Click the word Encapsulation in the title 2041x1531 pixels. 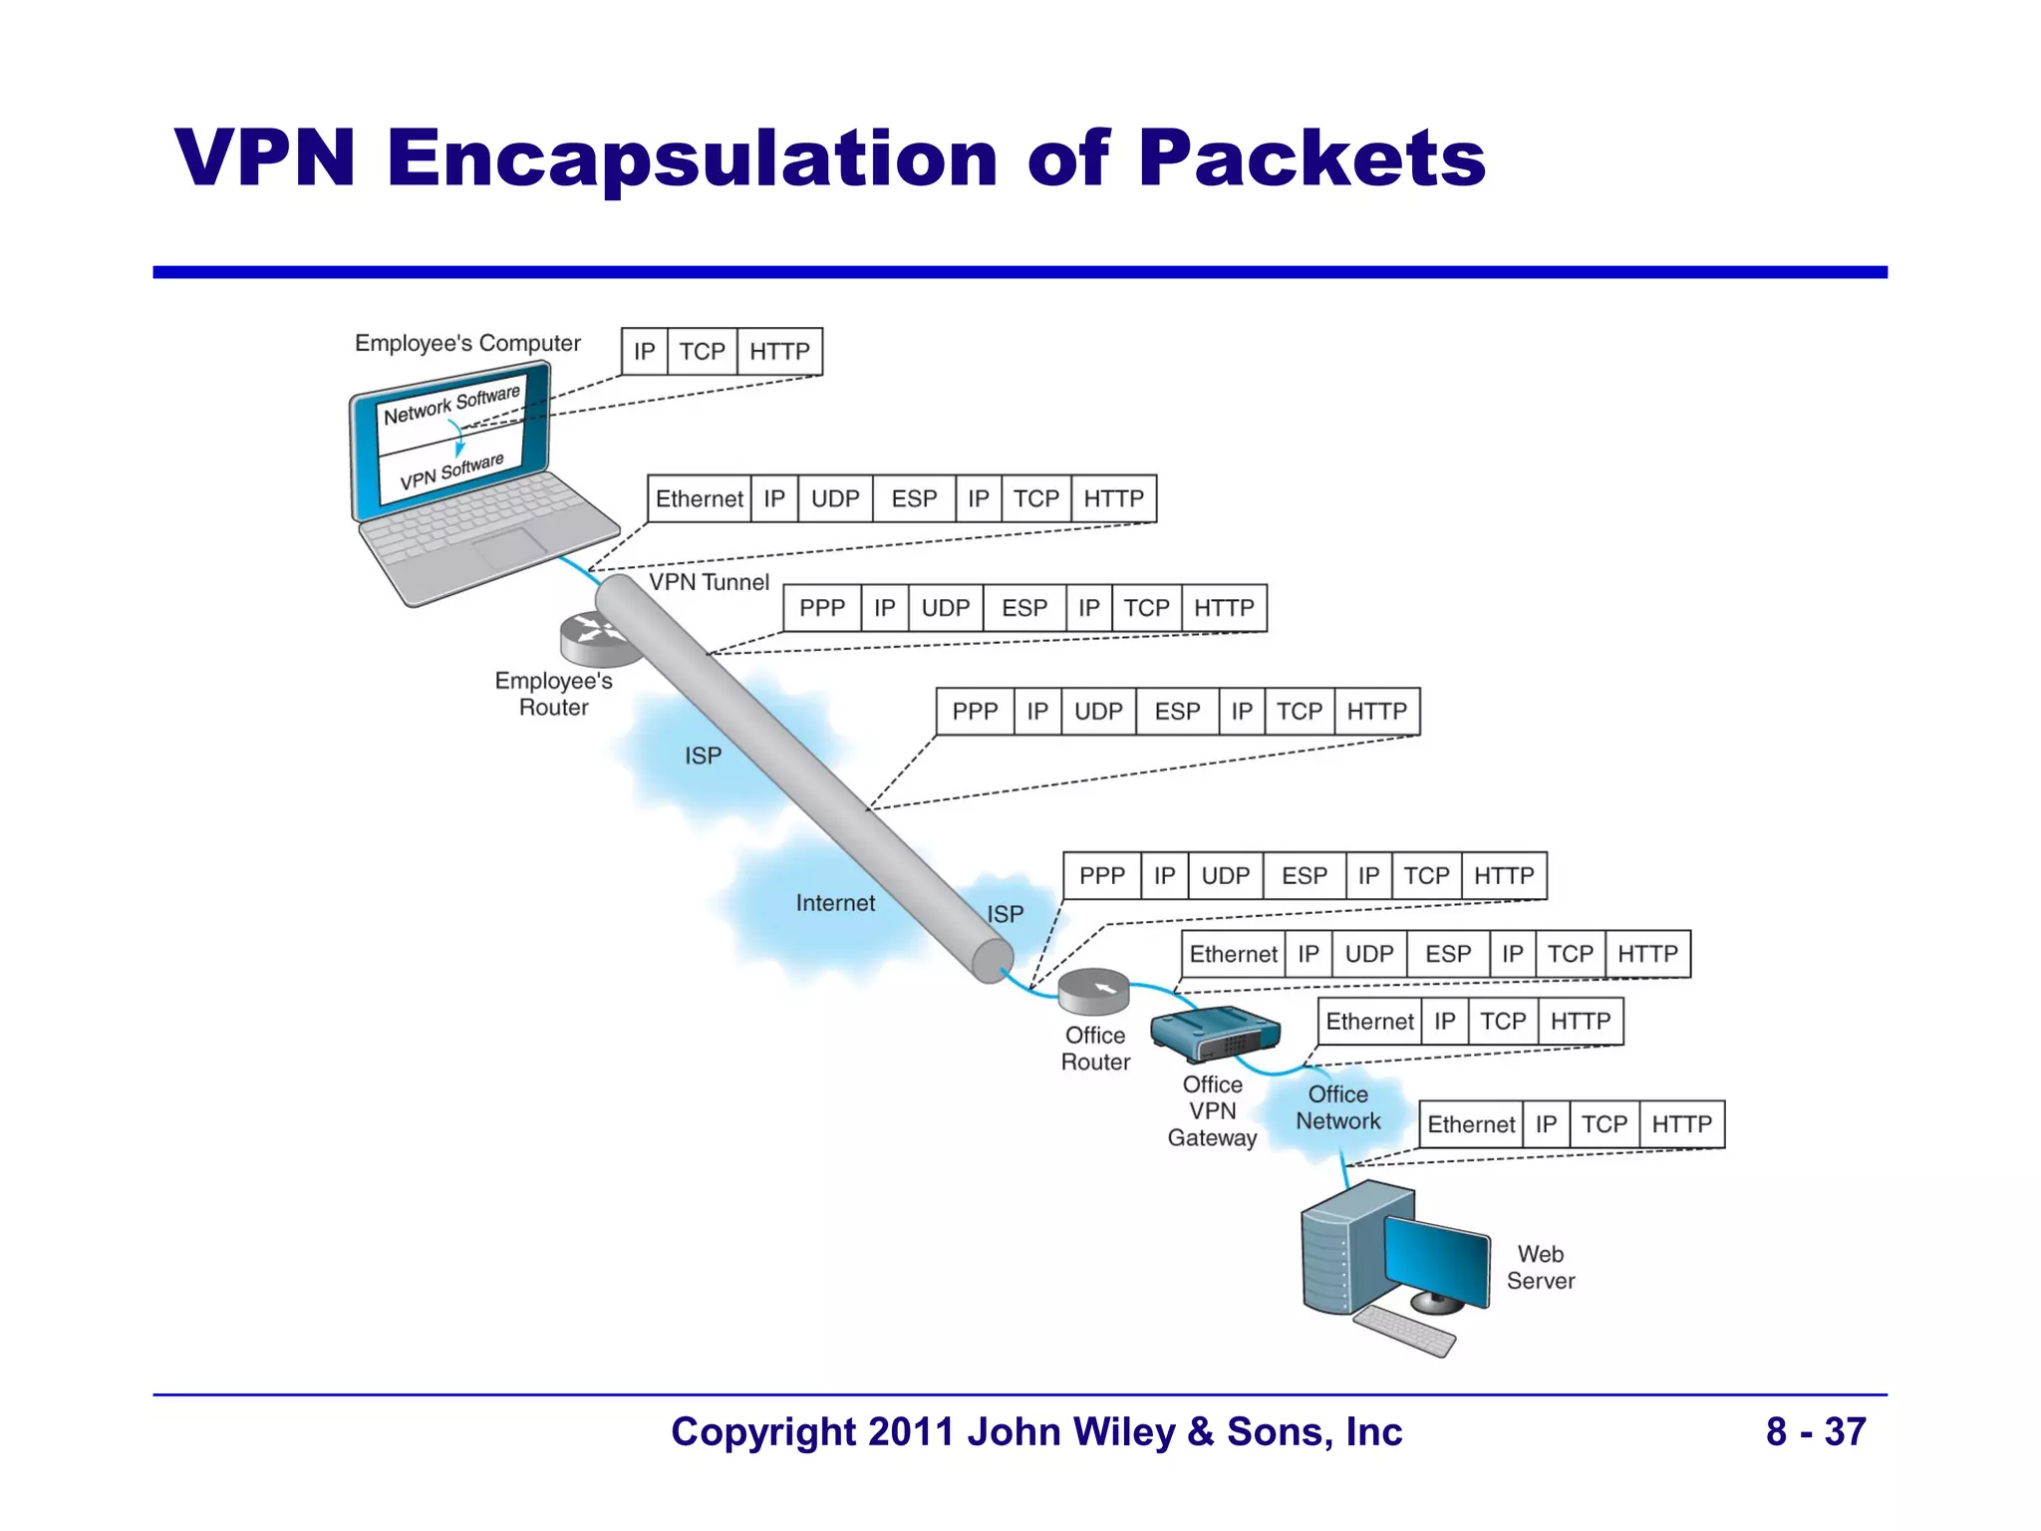[x=692, y=159]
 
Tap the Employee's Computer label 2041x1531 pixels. [x=467, y=343]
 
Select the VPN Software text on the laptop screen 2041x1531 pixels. [x=451, y=472]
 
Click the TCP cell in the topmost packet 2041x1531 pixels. [x=702, y=352]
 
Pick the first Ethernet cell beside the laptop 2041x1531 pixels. [x=699, y=499]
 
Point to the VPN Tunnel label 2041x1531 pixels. [x=709, y=582]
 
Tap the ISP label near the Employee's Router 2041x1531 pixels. [x=703, y=756]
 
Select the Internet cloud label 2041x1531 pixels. [x=835, y=903]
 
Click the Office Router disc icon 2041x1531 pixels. [x=1093, y=990]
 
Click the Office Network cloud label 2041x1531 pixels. [x=1337, y=1107]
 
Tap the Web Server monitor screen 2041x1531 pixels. [x=1435, y=1256]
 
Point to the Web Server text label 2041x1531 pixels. [x=1540, y=1267]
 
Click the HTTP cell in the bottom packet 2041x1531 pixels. [x=1681, y=1124]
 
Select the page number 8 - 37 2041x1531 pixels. [x=1815, y=1431]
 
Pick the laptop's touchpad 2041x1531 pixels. [x=509, y=549]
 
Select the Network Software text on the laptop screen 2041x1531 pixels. [x=451, y=404]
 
